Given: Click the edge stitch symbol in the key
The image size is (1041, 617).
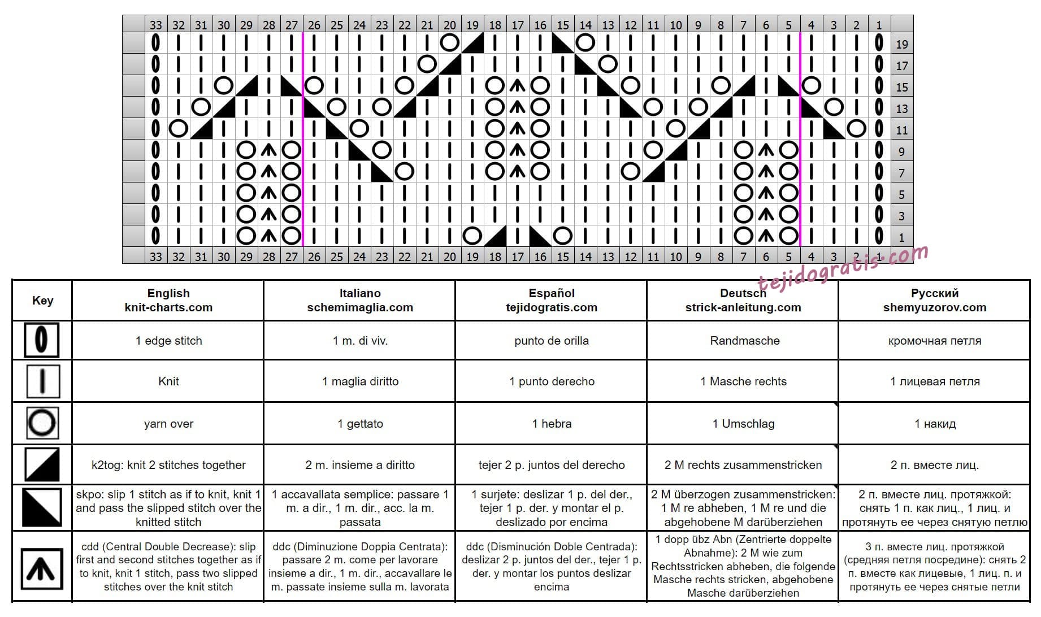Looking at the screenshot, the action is [x=41, y=340].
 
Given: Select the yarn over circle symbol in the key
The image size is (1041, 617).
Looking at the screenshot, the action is [x=42, y=423].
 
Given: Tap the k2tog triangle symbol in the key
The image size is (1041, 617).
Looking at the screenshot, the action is [x=42, y=464].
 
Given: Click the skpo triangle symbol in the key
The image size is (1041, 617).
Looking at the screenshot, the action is [x=42, y=507].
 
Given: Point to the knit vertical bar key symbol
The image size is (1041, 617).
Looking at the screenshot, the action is [x=42, y=381].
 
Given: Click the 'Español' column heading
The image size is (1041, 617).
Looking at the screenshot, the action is [x=552, y=293].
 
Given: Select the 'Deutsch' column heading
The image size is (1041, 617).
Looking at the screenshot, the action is [x=743, y=293].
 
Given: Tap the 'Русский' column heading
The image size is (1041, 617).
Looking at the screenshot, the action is [x=935, y=293].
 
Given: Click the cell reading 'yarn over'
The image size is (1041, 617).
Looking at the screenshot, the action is [x=168, y=424].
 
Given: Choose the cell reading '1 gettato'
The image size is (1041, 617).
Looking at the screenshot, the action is [x=360, y=424].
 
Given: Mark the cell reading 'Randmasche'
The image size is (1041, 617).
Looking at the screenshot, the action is [x=744, y=341].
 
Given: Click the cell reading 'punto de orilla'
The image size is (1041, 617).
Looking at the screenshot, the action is [x=552, y=341].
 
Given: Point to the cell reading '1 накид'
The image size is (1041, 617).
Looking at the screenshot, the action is [x=935, y=424].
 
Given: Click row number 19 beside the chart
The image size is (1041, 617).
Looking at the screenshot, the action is [x=902, y=44].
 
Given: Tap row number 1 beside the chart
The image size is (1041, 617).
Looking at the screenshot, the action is [x=902, y=237].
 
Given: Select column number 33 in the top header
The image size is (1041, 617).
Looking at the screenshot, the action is [x=156, y=25].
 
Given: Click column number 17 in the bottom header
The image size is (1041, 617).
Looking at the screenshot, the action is [x=518, y=257].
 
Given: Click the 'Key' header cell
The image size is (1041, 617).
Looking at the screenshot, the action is [x=42, y=301].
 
